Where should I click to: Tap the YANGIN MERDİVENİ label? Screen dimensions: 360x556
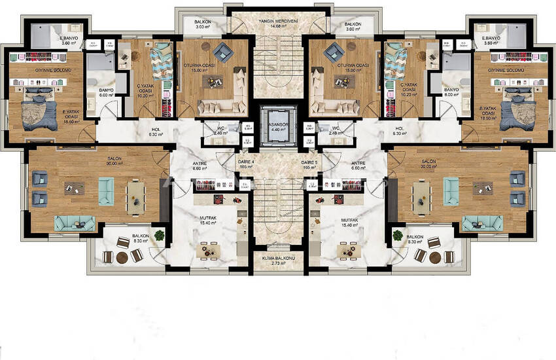[278, 21]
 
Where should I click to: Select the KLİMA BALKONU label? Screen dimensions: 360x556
[278, 258]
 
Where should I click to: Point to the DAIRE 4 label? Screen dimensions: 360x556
[246, 161]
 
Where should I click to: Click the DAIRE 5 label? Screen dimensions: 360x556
[310, 161]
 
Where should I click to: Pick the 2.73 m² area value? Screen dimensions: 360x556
[278, 264]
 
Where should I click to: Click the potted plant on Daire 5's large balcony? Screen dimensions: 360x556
[397, 235]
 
